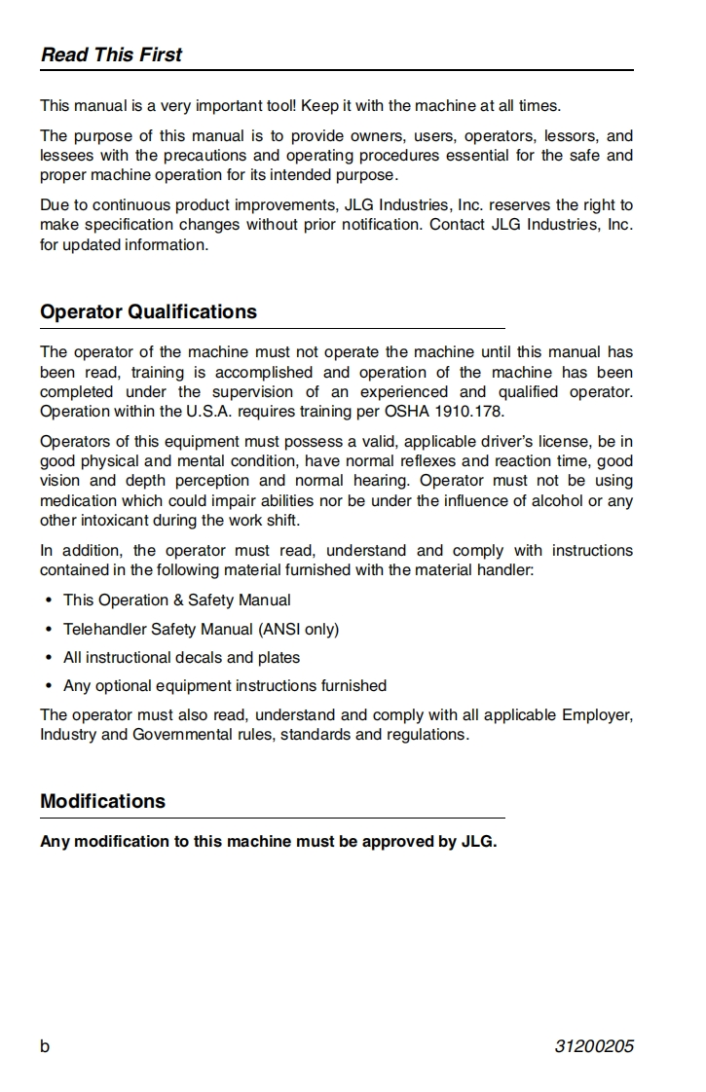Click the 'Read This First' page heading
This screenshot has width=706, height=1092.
click(x=111, y=55)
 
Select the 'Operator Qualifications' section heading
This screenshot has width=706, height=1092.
click(x=148, y=311)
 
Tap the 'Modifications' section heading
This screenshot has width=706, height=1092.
click(x=102, y=801)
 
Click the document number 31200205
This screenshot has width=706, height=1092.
click(x=594, y=1046)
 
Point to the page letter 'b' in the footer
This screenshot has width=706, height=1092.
click(x=45, y=1046)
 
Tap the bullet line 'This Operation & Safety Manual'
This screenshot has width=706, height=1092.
click(x=176, y=600)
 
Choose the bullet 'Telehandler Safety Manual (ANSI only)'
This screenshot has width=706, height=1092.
click(x=201, y=629)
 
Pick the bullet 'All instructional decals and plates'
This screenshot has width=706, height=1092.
click(x=181, y=657)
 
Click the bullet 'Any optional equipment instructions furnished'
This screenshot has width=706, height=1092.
click(x=225, y=685)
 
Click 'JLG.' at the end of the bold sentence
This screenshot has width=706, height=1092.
click(x=479, y=841)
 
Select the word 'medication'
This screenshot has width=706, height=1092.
click(x=77, y=500)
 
